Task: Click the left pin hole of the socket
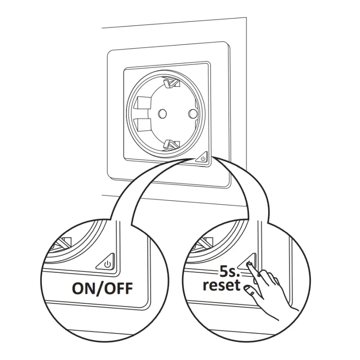tap(162, 113)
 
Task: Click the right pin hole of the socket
tap(193, 113)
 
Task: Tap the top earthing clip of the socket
tap(171, 83)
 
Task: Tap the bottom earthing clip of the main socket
tap(171, 144)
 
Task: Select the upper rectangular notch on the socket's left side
tap(144, 103)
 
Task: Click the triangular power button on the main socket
tap(202, 158)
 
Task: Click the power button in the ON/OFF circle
tap(106, 262)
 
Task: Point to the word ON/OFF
tap(103, 288)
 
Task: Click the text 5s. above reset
tap(229, 272)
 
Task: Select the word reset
tap(221, 285)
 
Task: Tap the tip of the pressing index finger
tap(249, 265)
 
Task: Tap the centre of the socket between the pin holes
tap(177, 113)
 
